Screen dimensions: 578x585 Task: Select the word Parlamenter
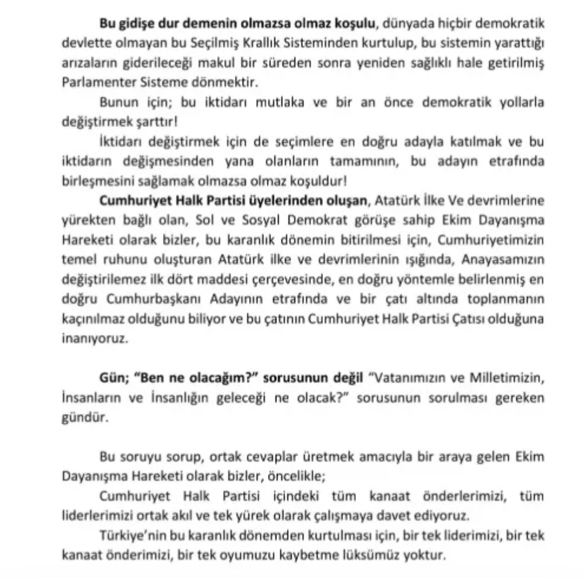point(93,82)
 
